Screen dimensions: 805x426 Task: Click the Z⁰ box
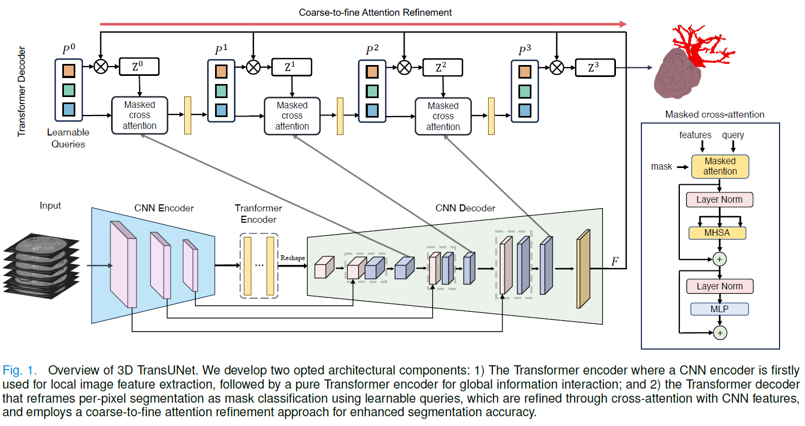click(x=139, y=67)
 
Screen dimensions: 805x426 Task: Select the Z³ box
click(x=595, y=68)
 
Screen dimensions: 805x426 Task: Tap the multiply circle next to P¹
click(x=254, y=67)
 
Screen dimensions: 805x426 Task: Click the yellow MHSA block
click(x=717, y=233)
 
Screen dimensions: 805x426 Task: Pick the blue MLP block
click(x=719, y=309)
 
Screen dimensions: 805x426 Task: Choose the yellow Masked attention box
click(x=720, y=166)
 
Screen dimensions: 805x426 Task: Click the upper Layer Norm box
click(x=719, y=199)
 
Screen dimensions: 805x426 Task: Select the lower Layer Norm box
click(x=720, y=287)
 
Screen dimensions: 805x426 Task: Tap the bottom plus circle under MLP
click(x=720, y=333)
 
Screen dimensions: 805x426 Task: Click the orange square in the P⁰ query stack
click(x=69, y=71)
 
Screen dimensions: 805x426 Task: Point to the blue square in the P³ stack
click(x=525, y=111)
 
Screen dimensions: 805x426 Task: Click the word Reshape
click(x=293, y=258)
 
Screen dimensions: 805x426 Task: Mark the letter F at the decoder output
click(x=615, y=261)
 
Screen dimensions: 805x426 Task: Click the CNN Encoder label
click(x=164, y=208)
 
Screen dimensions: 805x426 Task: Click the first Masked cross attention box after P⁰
click(x=139, y=115)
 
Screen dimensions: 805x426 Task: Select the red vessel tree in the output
click(x=701, y=45)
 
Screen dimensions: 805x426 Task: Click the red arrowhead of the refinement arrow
click(x=623, y=24)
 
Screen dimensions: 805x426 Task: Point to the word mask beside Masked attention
click(x=661, y=166)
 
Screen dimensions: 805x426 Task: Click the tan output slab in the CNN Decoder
click(x=583, y=269)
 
